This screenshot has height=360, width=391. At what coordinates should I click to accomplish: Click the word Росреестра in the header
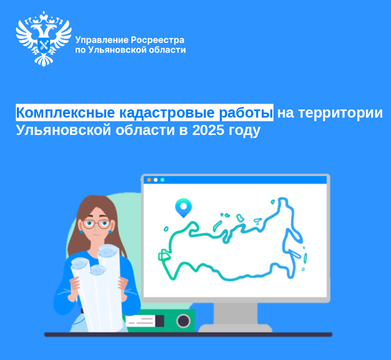pyautogui.click(x=158, y=40)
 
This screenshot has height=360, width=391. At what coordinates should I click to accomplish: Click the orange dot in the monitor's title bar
pyautogui.click(x=149, y=180)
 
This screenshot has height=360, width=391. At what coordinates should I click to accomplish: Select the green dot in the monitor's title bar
pyautogui.click(x=163, y=180)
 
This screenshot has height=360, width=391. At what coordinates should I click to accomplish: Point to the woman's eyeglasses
pyautogui.click(x=96, y=224)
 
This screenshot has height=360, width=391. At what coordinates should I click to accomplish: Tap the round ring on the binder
pyautogui.click(x=183, y=321)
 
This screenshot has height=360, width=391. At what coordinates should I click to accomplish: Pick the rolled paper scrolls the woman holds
pyautogui.click(x=97, y=286)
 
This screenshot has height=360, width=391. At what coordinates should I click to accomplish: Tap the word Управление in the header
pyautogui.click(x=101, y=40)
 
